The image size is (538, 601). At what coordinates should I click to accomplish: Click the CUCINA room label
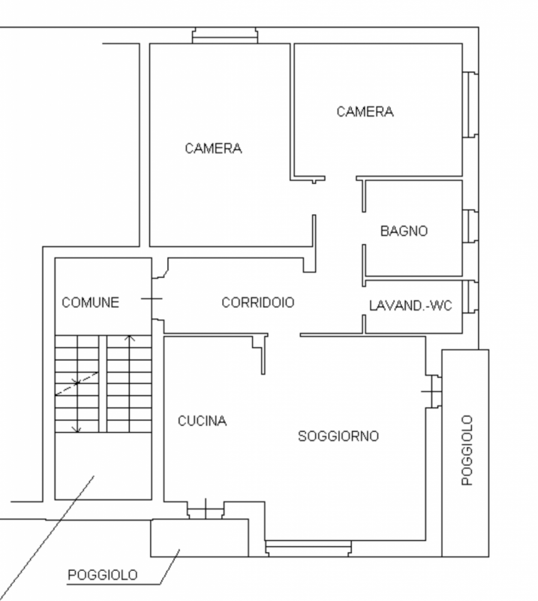[x=202, y=421]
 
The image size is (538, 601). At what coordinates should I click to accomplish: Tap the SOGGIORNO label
[x=338, y=436]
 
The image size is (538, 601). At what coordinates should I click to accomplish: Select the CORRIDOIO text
[x=258, y=303]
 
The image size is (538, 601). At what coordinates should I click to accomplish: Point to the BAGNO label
[x=404, y=231]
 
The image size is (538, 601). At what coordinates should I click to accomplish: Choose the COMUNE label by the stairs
[x=90, y=303]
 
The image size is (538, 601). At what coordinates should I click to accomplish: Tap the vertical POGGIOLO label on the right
[x=467, y=449]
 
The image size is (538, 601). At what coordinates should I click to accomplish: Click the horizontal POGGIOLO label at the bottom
[x=103, y=575]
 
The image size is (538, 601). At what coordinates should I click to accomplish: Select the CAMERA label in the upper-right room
[x=365, y=112]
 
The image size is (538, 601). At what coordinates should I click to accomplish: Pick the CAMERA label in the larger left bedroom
[x=213, y=149]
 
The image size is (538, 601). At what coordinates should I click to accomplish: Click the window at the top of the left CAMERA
[x=225, y=35]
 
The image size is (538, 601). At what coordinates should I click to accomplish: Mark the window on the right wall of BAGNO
[x=470, y=226]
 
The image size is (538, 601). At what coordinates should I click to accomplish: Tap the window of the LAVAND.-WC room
[x=470, y=297]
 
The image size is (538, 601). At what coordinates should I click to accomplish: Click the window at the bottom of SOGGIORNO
[x=309, y=547]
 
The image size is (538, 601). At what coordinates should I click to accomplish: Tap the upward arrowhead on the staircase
[x=129, y=339]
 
